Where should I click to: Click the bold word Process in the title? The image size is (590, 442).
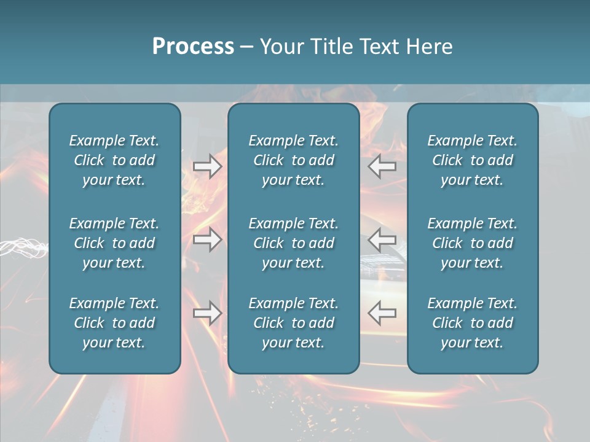click(x=193, y=47)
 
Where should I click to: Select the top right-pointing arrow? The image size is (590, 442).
click(x=207, y=166)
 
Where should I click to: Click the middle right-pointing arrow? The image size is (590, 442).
click(x=207, y=239)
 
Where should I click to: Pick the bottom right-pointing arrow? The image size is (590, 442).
click(x=207, y=313)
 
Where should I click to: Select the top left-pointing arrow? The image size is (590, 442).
click(x=382, y=166)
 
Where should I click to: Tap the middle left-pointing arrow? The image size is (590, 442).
click(x=382, y=239)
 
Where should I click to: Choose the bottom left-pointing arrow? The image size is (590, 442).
click(x=382, y=313)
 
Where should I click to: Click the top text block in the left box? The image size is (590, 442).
click(x=114, y=160)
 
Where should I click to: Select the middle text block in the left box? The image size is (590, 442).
click(x=114, y=243)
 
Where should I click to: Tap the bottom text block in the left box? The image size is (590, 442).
click(x=114, y=323)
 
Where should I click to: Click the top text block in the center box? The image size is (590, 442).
click(x=293, y=160)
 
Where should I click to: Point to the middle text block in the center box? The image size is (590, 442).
click(x=293, y=243)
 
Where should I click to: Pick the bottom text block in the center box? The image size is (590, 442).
click(x=293, y=323)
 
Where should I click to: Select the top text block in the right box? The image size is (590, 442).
click(x=472, y=160)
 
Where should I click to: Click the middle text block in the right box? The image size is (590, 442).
click(x=472, y=243)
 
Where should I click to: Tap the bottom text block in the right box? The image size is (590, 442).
click(x=472, y=323)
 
